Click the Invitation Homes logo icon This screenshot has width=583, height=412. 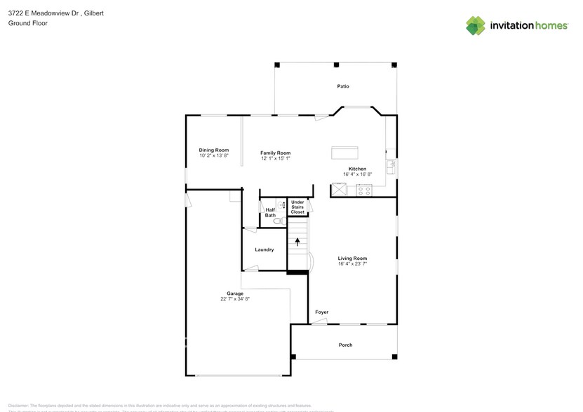click(x=476, y=25)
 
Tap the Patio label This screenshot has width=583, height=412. click(x=342, y=86)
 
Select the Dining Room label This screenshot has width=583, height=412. click(x=214, y=149)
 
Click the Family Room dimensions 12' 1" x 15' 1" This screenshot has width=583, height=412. click(x=275, y=158)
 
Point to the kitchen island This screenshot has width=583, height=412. click(x=344, y=153)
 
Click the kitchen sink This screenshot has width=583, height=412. click(x=391, y=167)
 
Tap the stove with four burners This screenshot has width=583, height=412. click(x=364, y=189)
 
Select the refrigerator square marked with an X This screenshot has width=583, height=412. click(x=340, y=189)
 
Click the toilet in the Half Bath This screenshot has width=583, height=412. click(x=276, y=221)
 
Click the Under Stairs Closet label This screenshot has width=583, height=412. click(x=297, y=207)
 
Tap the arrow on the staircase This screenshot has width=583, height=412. click(x=297, y=242)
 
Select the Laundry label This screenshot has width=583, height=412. click(x=264, y=249)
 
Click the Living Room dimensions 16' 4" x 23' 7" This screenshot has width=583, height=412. click(x=352, y=263)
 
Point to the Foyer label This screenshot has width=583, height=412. click(x=321, y=312)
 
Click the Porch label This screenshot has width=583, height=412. click(x=345, y=345)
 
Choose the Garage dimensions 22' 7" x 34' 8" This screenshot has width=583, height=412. click(x=234, y=298)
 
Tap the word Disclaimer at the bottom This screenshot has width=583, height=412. click(x=18, y=405)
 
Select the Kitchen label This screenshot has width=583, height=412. click(x=357, y=169)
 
